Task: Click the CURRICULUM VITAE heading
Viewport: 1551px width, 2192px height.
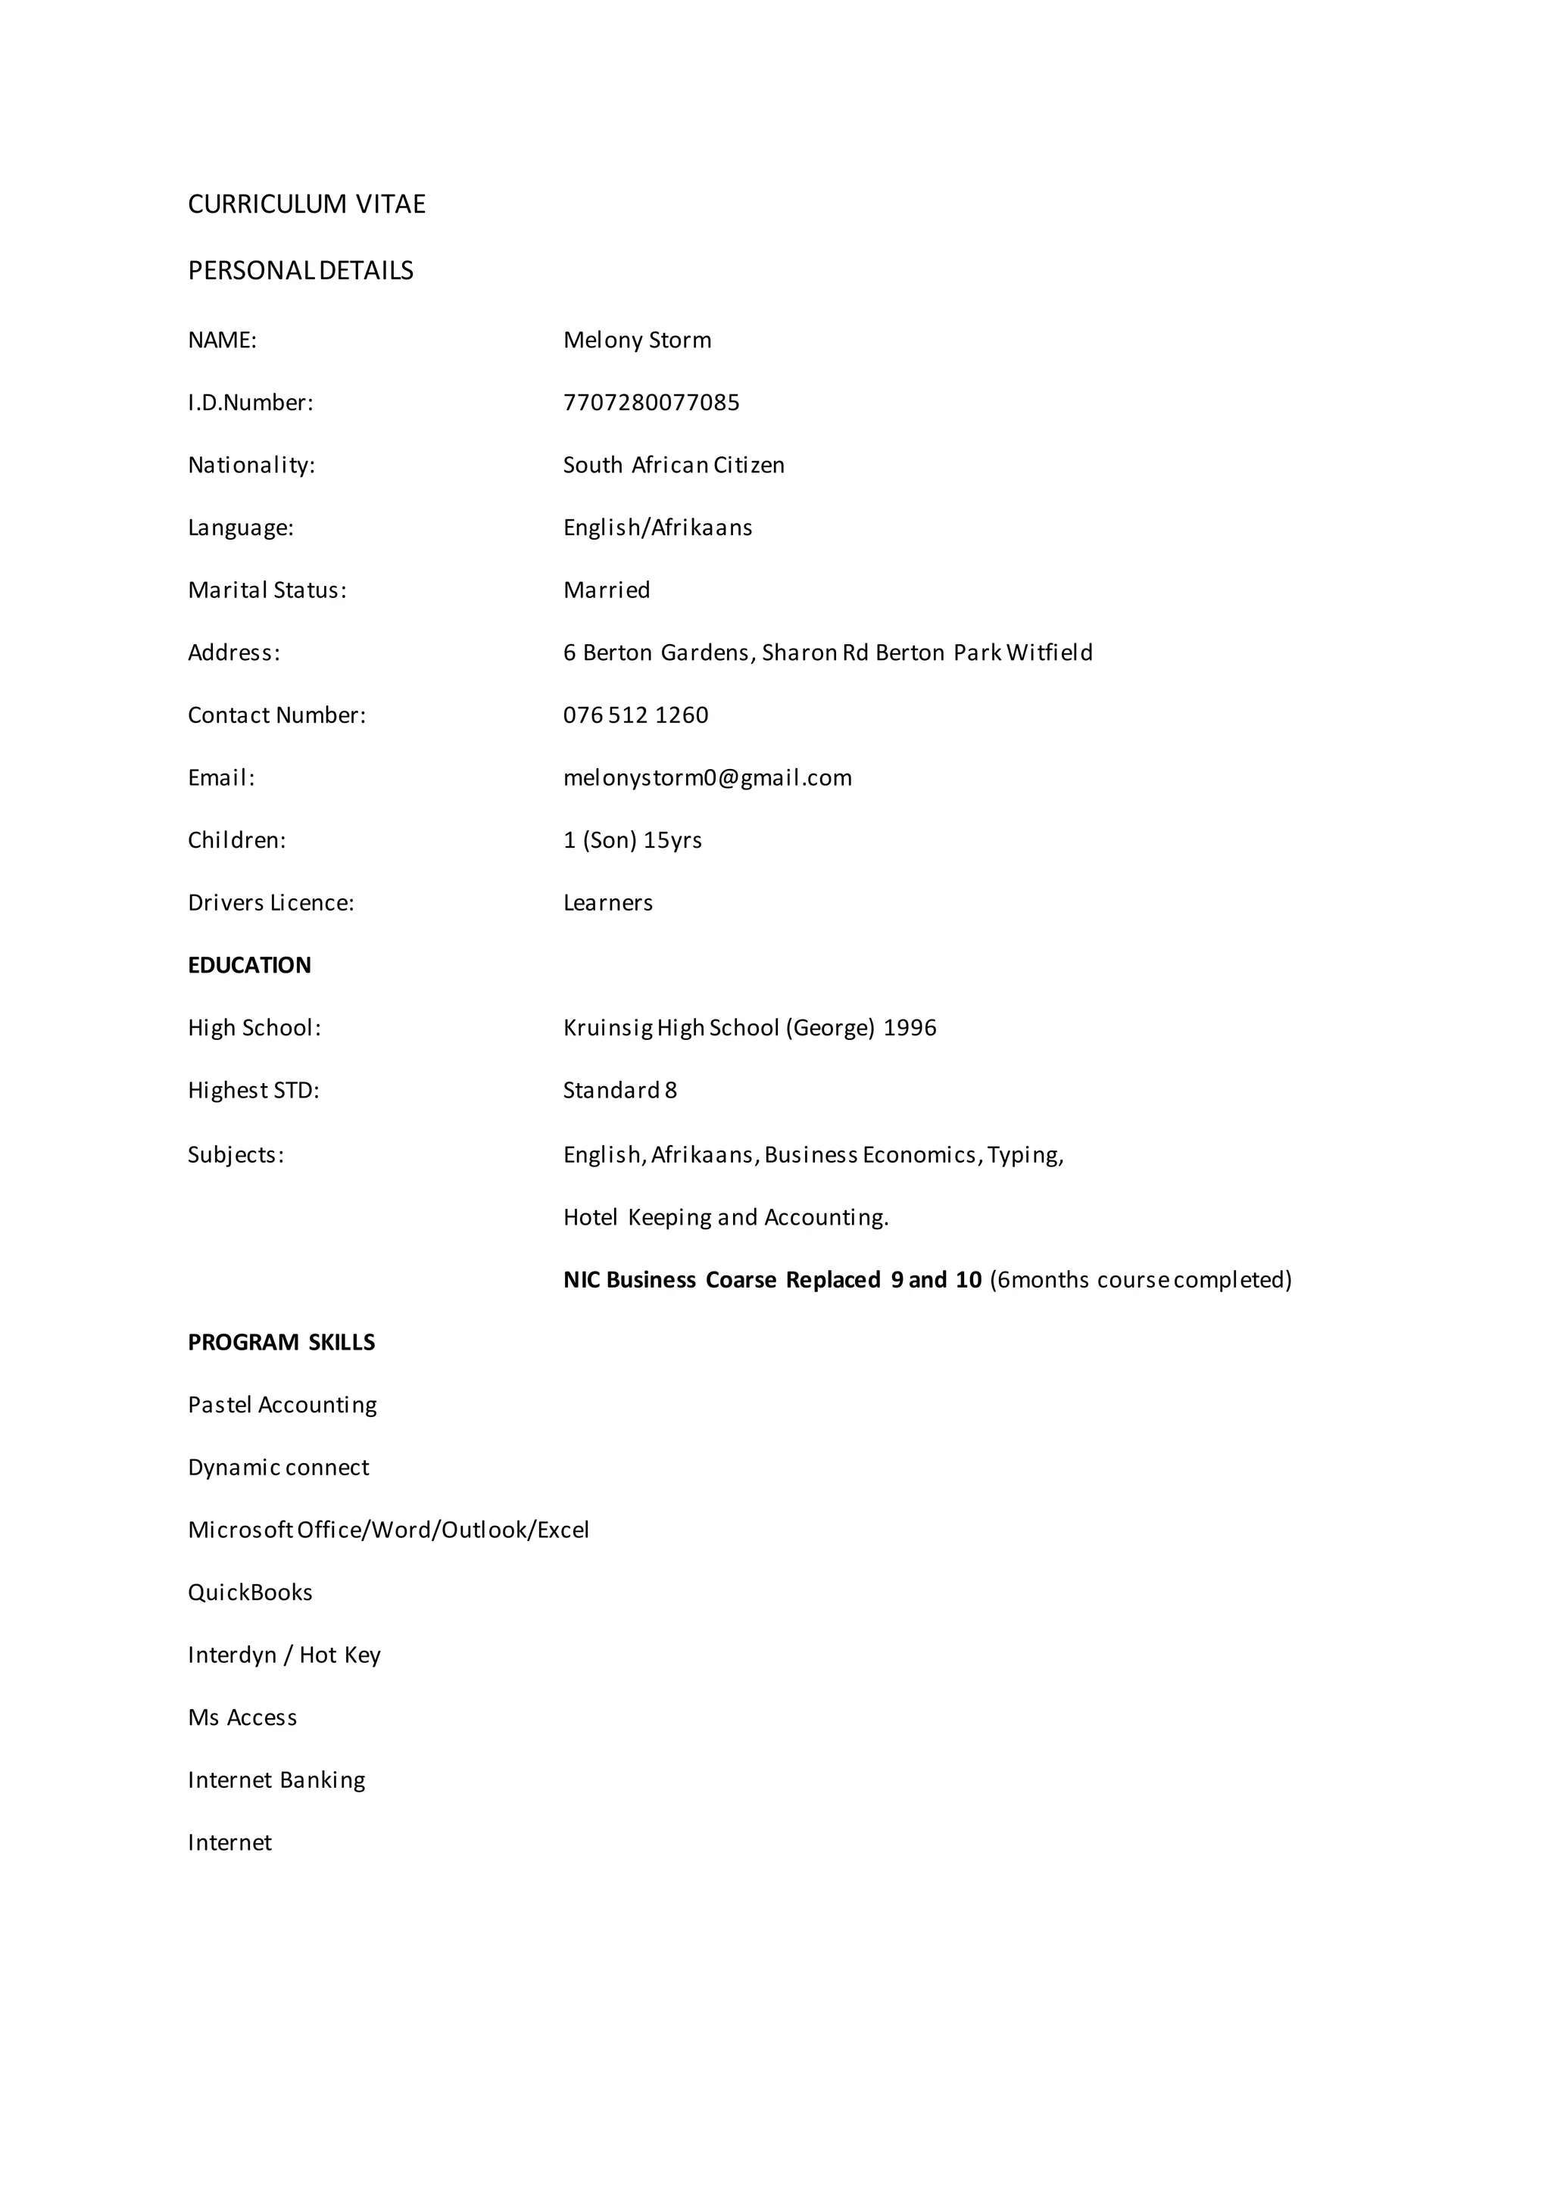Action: click(x=307, y=204)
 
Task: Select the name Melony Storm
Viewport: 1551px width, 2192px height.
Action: click(x=637, y=341)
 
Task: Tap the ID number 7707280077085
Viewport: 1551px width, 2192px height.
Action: click(x=651, y=403)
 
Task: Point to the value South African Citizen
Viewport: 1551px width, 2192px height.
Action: click(x=673, y=465)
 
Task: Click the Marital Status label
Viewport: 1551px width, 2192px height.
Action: click(x=267, y=590)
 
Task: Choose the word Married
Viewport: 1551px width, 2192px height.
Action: click(x=607, y=590)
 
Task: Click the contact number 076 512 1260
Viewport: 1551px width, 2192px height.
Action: click(x=635, y=715)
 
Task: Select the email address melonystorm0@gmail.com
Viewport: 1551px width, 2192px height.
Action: click(x=707, y=778)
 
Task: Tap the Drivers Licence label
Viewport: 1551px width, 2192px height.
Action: click(x=270, y=903)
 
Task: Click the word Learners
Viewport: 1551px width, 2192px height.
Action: click(x=607, y=903)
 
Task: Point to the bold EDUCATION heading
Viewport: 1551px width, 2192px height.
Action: click(x=249, y=965)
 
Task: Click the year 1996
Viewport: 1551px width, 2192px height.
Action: click(x=910, y=1028)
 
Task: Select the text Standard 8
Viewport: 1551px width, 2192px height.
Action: click(x=619, y=1090)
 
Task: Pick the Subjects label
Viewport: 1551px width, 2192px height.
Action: click(x=236, y=1155)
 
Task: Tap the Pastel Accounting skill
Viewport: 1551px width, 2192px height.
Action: click(x=282, y=1406)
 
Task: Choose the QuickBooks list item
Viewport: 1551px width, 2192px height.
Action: click(x=250, y=1593)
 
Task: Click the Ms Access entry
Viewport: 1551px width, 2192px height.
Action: click(x=242, y=1717)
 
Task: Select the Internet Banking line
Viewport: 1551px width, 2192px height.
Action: click(x=276, y=1780)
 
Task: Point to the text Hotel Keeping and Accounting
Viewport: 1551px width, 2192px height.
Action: click(x=726, y=1217)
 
